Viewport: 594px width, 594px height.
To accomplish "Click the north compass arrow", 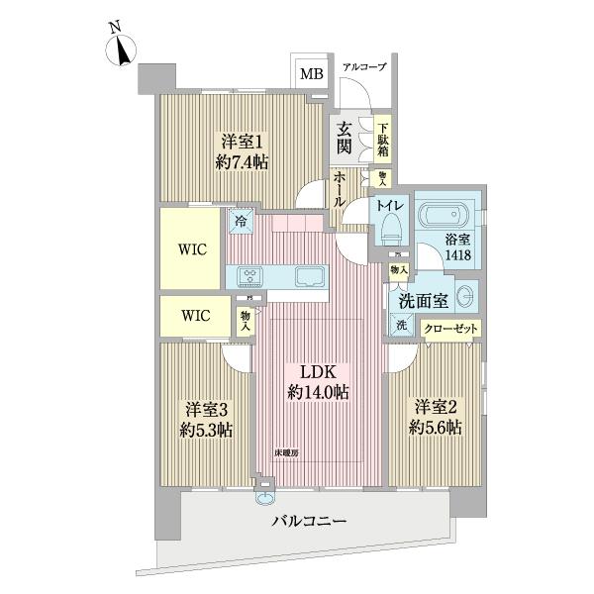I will click(124, 47).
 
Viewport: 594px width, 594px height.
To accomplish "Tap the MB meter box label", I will click(311, 73).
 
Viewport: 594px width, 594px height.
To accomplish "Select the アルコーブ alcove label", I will click(363, 67).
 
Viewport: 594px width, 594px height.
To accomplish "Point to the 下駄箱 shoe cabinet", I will click(382, 140).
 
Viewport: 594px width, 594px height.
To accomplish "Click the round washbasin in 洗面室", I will click(467, 295).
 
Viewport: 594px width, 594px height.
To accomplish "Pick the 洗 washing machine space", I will click(402, 325).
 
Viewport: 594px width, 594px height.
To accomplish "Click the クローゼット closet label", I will click(450, 330).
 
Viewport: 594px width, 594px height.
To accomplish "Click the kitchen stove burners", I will click(247, 276).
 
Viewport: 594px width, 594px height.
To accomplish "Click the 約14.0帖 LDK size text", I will click(319, 392).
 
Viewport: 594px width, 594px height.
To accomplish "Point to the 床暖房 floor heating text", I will click(287, 452).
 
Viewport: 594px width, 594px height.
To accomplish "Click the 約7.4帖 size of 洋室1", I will click(243, 162).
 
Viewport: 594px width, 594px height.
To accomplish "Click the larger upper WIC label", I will click(193, 249).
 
